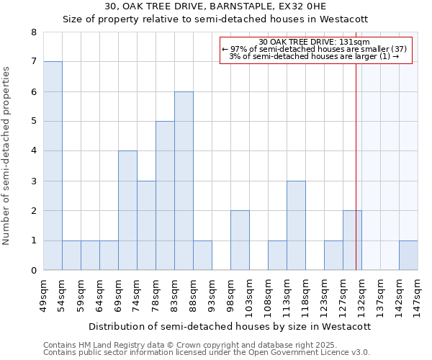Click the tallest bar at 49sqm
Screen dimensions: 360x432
(x=53, y=166)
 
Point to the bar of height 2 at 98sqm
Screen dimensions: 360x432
(x=240, y=240)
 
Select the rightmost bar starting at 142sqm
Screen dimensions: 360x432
(x=408, y=256)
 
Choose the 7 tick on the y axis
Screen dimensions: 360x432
(x=33, y=62)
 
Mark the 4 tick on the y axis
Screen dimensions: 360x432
(x=33, y=151)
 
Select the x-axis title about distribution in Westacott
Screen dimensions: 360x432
(x=230, y=326)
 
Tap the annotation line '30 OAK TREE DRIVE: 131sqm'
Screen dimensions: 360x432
(x=313, y=42)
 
